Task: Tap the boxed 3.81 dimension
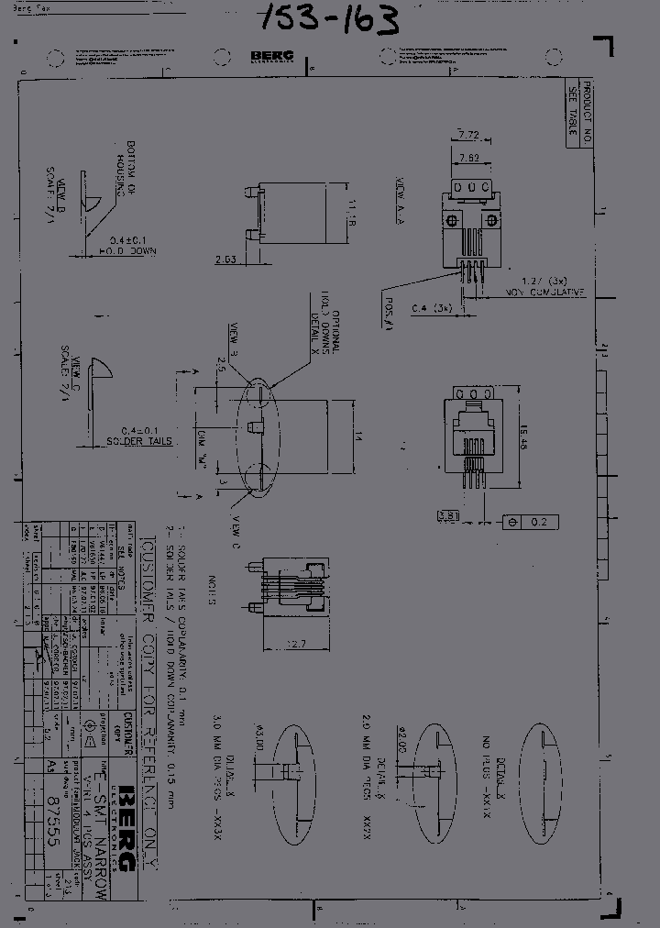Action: tap(448, 516)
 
